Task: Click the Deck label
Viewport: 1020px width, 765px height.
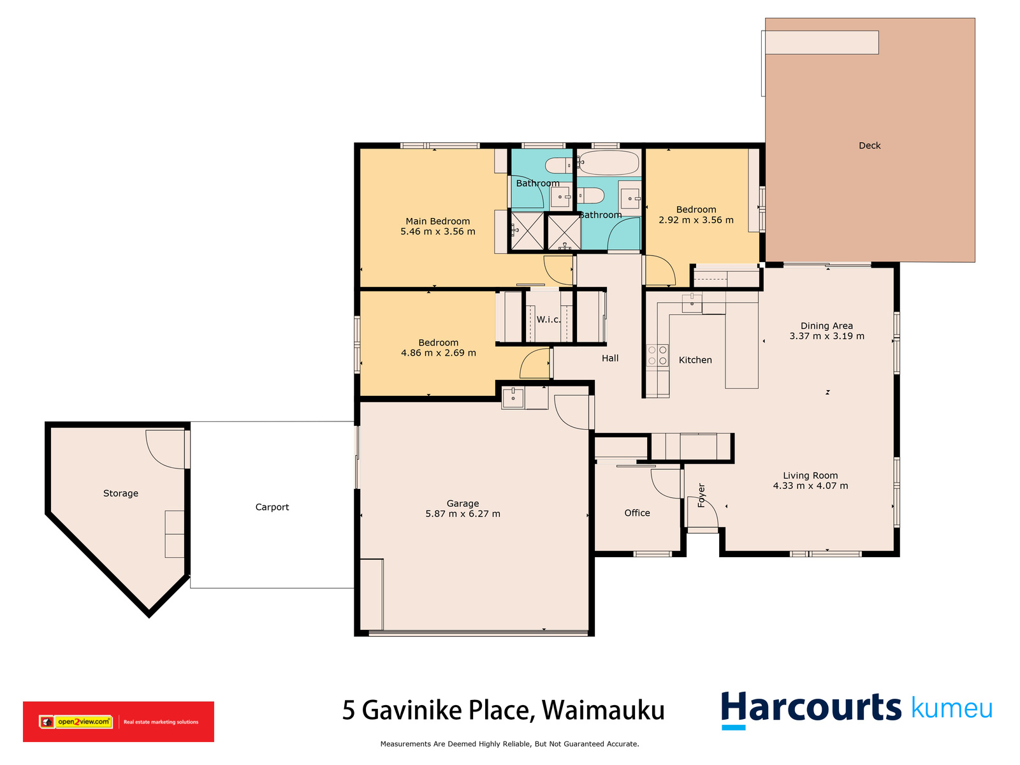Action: coord(870,145)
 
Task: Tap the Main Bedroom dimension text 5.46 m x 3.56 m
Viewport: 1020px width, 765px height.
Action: coord(438,231)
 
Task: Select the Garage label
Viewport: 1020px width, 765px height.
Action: coord(462,504)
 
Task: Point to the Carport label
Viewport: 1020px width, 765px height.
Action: coord(272,507)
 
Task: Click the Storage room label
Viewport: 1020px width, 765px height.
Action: coord(120,493)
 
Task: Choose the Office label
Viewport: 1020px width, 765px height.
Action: coord(637,513)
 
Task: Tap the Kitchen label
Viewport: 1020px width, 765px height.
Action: coord(695,360)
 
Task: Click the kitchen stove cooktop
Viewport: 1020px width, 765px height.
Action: coord(657,355)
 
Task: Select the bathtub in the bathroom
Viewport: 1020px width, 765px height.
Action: coord(608,162)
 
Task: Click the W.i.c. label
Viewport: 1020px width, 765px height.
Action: coord(548,319)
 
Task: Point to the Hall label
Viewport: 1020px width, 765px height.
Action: coord(610,358)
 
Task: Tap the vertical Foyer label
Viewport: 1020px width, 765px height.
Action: coord(701,495)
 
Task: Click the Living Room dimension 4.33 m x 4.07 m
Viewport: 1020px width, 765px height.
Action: coord(810,486)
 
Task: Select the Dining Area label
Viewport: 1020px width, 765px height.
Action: coord(827,326)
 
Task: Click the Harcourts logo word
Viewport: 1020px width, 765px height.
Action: coord(811,708)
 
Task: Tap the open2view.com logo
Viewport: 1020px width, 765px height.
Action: coord(76,722)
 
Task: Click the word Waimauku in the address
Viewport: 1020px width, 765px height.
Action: coord(603,710)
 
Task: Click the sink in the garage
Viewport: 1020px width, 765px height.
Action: coord(513,398)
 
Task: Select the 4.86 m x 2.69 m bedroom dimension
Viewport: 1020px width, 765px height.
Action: coord(438,353)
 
